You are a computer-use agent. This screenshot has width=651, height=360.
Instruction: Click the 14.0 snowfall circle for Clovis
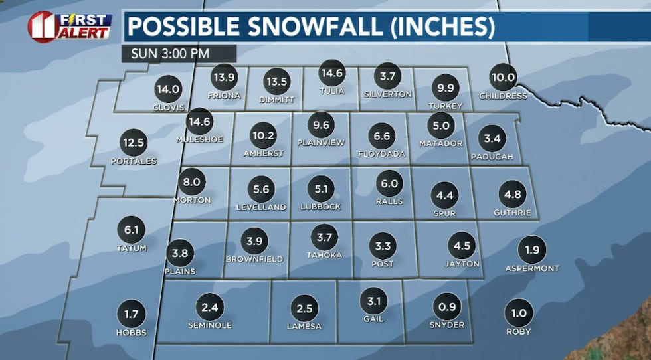167,89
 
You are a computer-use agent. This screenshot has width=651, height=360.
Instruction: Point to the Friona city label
224,95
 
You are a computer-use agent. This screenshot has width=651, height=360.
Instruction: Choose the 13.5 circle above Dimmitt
277,82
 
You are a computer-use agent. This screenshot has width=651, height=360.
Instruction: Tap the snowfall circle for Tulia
331,73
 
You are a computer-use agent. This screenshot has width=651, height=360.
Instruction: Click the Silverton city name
388,94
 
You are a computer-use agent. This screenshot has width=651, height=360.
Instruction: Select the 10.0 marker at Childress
503,77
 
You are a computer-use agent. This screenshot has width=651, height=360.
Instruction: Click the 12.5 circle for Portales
134,142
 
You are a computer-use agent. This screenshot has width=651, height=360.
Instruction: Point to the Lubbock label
320,207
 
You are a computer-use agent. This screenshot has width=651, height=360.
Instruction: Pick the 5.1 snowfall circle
321,189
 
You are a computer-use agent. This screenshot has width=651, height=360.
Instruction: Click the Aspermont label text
531,268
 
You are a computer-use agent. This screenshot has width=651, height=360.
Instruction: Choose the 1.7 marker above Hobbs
131,312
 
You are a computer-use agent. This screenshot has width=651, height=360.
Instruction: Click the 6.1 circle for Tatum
131,230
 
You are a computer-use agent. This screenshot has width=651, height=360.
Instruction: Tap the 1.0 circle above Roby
518,313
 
